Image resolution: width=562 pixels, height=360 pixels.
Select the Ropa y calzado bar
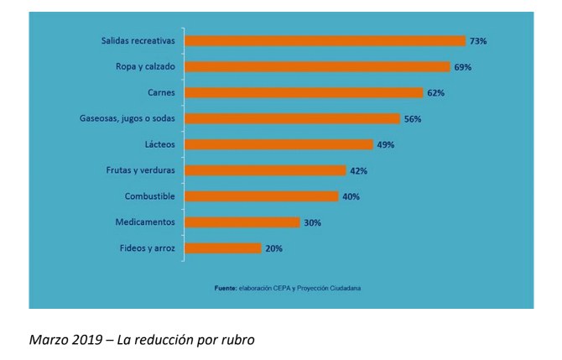317,66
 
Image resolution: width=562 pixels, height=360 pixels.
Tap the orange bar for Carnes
304,92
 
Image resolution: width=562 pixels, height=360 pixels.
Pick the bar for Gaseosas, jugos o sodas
292,118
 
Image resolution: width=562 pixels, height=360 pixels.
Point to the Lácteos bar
278,144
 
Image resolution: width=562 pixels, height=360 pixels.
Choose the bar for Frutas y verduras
265,170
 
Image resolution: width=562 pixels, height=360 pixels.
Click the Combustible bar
261,196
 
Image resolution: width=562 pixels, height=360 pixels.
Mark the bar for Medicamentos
242,222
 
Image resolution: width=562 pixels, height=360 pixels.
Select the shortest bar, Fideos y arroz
222,248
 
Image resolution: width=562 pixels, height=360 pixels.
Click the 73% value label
478,40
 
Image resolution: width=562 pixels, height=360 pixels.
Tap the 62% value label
435,92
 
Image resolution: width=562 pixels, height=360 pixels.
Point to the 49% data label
385,144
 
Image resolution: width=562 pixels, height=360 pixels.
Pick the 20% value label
273,248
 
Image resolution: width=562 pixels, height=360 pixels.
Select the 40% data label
351,196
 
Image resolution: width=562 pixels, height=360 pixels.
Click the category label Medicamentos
145,222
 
